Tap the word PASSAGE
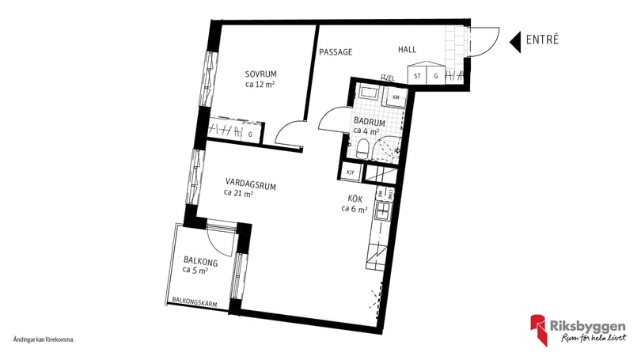pyautogui.click(x=336, y=52)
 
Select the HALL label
pyautogui.click(x=407, y=50)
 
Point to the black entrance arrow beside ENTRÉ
pyautogui.click(x=514, y=42)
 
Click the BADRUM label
pyautogui.click(x=370, y=122)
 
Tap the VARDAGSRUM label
pyautogui.click(x=250, y=187)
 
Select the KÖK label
pyautogui.click(x=355, y=199)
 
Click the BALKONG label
pyautogui.click(x=201, y=260)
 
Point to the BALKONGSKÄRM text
pyautogui.click(x=195, y=301)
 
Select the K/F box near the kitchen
pyautogui.click(x=351, y=171)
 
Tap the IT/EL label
pyautogui.click(x=388, y=78)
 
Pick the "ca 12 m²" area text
pyautogui.click(x=260, y=84)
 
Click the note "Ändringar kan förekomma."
pyautogui.click(x=44, y=339)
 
